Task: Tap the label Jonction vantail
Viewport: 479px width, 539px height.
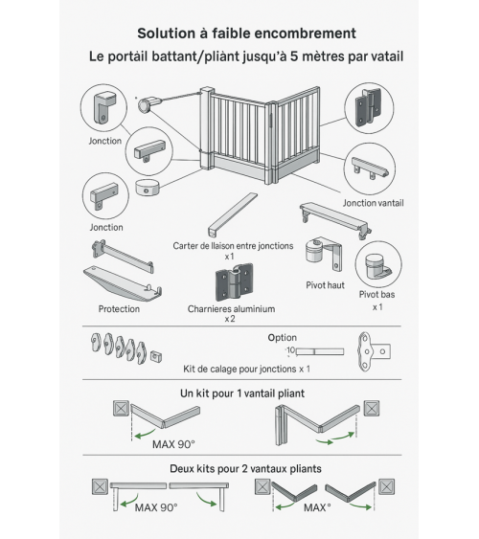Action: [374, 203]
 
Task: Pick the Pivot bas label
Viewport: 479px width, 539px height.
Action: [376, 295]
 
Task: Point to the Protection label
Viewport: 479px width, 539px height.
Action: [119, 309]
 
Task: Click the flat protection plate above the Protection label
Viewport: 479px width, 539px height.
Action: [119, 282]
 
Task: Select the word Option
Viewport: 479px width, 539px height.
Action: [283, 337]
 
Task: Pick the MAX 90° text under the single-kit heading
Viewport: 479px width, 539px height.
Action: [172, 444]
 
